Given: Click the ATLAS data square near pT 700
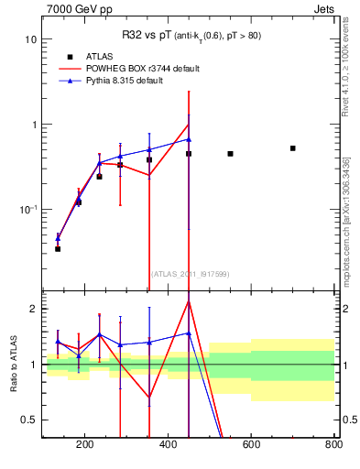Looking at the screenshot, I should coord(292,147).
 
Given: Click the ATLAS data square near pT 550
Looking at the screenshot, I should coord(230,154).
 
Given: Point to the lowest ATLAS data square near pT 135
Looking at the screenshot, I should coord(58,248).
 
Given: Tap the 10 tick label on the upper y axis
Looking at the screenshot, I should coord(30,40).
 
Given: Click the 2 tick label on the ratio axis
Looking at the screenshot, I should coord(32,309).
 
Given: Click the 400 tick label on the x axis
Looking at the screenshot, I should coord(168,446).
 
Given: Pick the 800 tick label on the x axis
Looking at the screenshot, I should coord(333,446).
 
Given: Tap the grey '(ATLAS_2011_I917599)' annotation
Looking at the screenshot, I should coord(190,274).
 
